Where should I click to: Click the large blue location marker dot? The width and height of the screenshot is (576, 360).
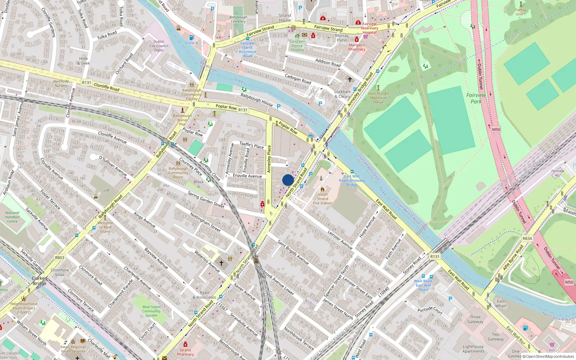tap(288, 180)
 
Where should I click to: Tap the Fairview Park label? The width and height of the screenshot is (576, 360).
tap(476, 98)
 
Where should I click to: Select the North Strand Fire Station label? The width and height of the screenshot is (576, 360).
tap(323, 199)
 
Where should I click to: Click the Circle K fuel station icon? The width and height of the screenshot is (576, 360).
tap(192, 38)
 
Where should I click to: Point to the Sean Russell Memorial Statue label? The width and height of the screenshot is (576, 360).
tap(378, 98)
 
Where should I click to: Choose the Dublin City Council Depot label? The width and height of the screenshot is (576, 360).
tap(159, 46)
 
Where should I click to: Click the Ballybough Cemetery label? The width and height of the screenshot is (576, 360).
tap(238, 19)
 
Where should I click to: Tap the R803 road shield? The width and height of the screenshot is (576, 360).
tap(60, 258)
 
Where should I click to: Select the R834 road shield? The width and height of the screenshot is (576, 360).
tap(527, 238)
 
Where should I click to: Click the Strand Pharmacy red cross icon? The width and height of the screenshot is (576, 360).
tap(185, 345)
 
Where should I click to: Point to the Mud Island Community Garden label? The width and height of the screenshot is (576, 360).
tap(151, 311)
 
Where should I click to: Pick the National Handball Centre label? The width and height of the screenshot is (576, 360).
tap(12, 217)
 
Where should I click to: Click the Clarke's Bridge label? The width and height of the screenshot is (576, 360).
tap(40, 281)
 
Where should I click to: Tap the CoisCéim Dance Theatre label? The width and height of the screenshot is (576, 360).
tap(297, 46)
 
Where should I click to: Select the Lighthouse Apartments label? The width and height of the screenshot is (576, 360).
tap(473, 349)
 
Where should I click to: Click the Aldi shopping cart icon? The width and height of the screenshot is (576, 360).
tap(552, 345)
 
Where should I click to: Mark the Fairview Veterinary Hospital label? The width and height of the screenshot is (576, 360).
tap(369, 28)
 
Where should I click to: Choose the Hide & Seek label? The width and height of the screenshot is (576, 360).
tap(84, 61)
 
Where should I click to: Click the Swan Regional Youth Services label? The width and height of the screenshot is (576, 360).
tap(73, 349)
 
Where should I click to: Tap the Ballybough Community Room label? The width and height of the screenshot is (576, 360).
tap(178, 173)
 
